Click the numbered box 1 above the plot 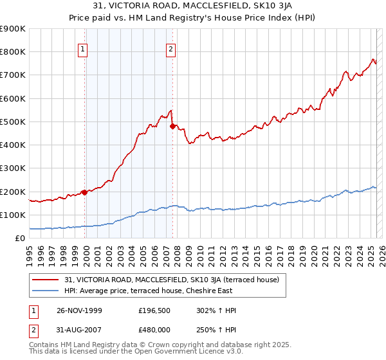tap(84, 50)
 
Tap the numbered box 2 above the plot tap(171, 50)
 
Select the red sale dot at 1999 tap(84, 192)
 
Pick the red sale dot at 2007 tap(172, 127)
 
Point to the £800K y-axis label tap(13, 52)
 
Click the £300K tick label tap(13, 168)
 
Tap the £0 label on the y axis tap(19, 239)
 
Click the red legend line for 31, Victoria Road tap(45, 280)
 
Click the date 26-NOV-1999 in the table tap(84, 310)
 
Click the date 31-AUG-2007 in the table tap(84, 330)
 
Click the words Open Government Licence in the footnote tap(173, 352)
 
